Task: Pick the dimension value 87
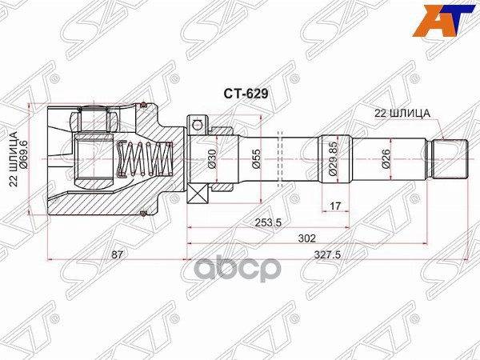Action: [x=117, y=254]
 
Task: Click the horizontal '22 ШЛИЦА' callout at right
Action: [x=403, y=113]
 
